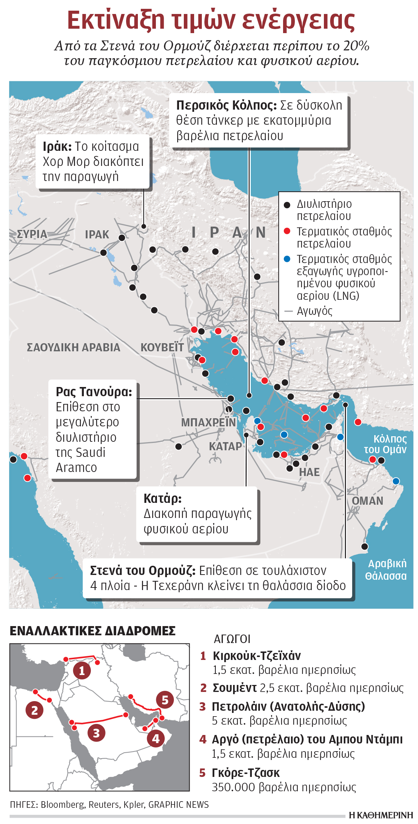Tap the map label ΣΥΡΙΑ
[x=32, y=234]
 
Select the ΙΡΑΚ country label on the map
[x=97, y=234]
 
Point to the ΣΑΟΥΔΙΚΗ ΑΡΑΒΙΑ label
[x=74, y=347]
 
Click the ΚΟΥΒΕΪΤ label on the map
[x=162, y=347]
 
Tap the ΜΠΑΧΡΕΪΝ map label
[x=208, y=422]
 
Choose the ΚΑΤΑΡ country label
[x=225, y=446]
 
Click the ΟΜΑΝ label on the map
[x=367, y=501]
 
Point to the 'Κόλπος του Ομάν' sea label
[x=385, y=444]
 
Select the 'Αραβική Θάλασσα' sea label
[x=387, y=569]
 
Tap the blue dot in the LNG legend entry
[x=287, y=259]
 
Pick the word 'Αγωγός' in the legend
[x=314, y=311]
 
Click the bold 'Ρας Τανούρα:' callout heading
[x=94, y=392]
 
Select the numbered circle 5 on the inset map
[x=165, y=700]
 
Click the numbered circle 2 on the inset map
[x=35, y=710]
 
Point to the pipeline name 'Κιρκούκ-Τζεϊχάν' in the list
[x=257, y=656]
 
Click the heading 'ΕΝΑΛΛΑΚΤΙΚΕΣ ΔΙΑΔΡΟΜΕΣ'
[x=93, y=631]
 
